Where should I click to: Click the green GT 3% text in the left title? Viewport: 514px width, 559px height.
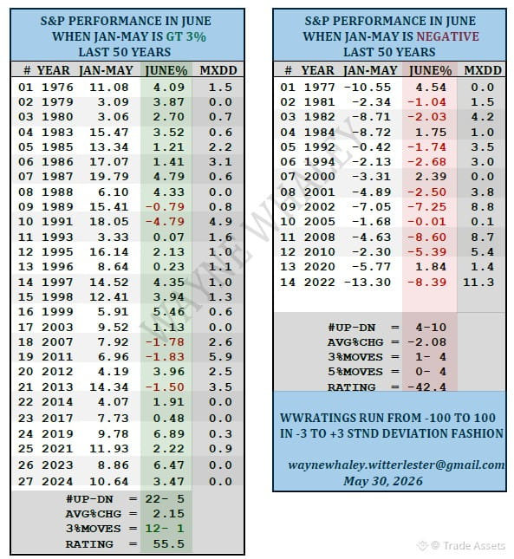tap(186, 36)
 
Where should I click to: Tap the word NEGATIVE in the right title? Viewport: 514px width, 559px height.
tap(448, 36)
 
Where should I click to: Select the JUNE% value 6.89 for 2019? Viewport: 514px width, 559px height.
tap(169, 434)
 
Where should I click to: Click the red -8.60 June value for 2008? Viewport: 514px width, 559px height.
tap(426, 237)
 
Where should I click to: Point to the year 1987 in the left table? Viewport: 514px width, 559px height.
tap(57, 177)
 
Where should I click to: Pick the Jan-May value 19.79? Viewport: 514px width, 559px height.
tap(108, 177)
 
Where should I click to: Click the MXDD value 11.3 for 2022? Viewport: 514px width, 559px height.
tap(478, 283)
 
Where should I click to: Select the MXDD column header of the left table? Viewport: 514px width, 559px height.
tap(218, 70)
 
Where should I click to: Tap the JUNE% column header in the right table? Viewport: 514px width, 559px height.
tap(430, 70)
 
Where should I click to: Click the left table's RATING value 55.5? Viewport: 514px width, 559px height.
tap(169, 544)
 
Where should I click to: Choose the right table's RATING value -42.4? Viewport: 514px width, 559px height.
tap(426, 387)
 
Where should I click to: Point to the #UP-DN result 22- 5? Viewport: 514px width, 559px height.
tap(165, 498)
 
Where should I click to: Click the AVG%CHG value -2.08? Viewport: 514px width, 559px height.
tap(426, 342)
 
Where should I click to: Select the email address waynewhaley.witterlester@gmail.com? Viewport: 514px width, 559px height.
tap(396, 465)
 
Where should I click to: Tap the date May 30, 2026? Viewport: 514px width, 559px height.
tap(383, 481)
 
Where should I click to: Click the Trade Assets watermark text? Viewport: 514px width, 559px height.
tap(474, 546)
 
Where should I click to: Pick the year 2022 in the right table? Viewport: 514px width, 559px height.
tap(320, 283)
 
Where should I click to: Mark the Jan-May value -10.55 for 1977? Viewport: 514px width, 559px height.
tap(368, 88)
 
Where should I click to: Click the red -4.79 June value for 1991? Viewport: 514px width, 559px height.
tap(165, 221)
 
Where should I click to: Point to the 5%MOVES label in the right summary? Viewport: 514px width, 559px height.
tap(355, 372)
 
